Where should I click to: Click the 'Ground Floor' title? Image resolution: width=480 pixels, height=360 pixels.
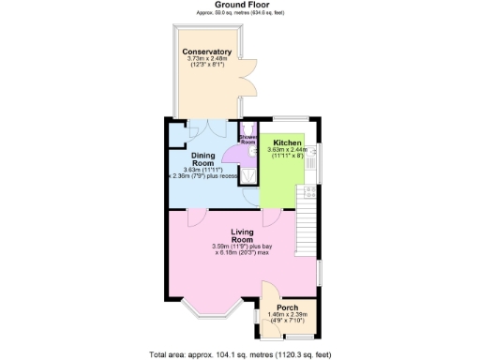click(x=239, y=5)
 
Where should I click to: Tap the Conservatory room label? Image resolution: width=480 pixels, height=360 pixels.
click(x=207, y=52)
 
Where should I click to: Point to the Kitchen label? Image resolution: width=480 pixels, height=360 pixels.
click(x=287, y=142)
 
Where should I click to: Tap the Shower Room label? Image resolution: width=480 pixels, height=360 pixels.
click(x=247, y=139)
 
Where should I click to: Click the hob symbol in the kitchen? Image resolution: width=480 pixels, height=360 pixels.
click(x=306, y=191)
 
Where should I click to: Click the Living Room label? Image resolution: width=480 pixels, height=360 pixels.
click(x=243, y=235)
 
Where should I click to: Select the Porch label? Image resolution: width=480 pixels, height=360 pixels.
click(x=288, y=306)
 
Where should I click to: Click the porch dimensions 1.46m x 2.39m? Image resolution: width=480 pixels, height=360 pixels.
click(x=288, y=316)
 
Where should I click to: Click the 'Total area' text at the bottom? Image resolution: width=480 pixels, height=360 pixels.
click(x=239, y=354)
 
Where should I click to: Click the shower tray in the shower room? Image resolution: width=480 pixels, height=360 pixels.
click(x=248, y=174)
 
